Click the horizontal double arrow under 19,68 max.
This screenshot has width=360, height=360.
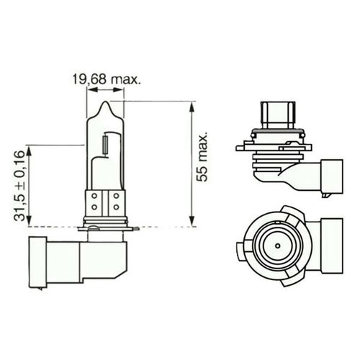coord(99,91)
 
